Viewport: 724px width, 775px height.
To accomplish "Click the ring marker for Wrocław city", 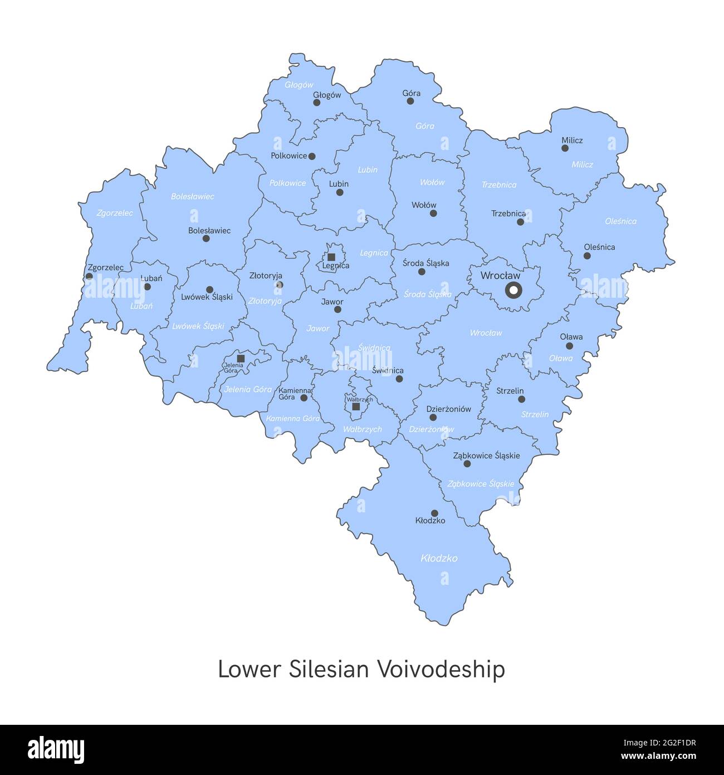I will tap(513, 290).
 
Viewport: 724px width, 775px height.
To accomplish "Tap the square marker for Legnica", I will tap(331, 257).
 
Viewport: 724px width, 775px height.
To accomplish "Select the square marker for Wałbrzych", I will tap(356, 407).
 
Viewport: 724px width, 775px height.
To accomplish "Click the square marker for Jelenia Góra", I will tap(241, 358).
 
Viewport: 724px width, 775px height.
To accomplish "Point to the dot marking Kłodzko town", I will tap(434, 513).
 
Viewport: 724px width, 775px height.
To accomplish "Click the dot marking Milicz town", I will tap(565, 148).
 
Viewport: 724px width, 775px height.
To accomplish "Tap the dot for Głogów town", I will tap(317, 103).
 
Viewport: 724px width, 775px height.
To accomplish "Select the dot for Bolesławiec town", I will tap(206, 239).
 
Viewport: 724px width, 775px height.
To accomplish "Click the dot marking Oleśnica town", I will tap(587, 256).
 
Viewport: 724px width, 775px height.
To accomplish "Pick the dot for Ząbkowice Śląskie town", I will tap(467, 464).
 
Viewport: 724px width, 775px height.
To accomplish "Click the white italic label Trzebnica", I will tap(499, 185).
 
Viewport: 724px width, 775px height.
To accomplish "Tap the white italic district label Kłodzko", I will tap(439, 558).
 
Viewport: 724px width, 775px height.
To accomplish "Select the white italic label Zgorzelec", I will tap(115, 213).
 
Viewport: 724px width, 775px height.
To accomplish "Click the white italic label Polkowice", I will tap(287, 183).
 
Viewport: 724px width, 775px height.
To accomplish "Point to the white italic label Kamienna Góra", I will tap(293, 418).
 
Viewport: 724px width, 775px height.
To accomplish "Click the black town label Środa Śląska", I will tap(425, 263).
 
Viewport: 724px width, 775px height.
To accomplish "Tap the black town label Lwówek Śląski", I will tap(207, 297).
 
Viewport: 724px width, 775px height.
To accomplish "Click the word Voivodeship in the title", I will tap(441, 670).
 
